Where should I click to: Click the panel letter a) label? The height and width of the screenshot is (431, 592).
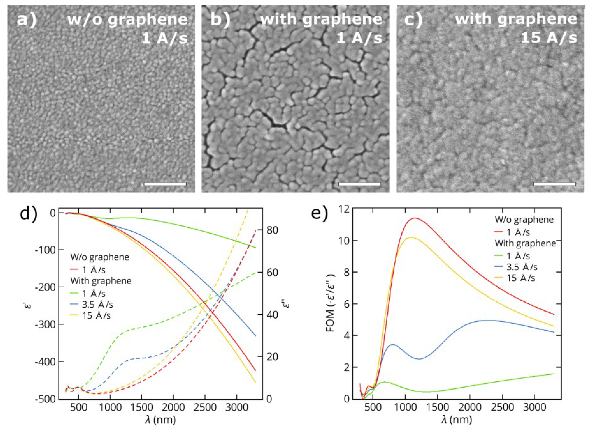[x=27, y=20]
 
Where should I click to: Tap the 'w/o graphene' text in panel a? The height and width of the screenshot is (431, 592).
[x=127, y=20]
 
